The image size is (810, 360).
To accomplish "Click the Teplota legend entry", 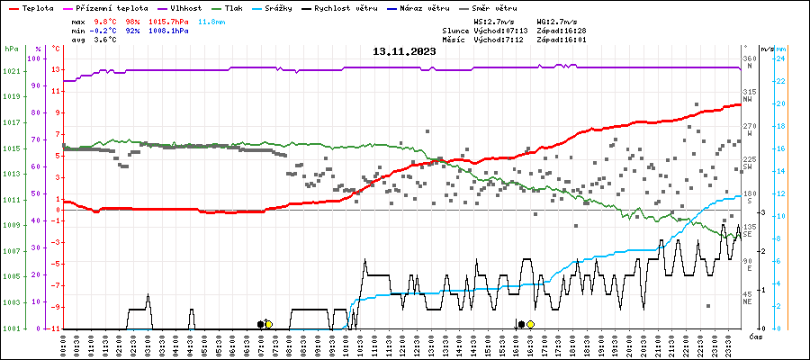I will click(x=35, y=7).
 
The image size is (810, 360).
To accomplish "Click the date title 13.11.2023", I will click(x=404, y=51).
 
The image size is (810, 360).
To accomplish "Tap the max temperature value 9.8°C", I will click(x=108, y=20).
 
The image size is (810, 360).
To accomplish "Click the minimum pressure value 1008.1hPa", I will click(x=168, y=30).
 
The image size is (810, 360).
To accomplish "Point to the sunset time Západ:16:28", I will click(x=561, y=30).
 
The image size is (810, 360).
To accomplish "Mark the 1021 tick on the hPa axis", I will click(x=12, y=71).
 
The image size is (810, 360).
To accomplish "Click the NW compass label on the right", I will click(x=749, y=100).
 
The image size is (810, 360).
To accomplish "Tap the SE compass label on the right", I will click(x=748, y=235).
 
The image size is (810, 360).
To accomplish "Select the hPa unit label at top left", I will click(x=11, y=49).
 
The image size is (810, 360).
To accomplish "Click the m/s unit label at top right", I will click(x=767, y=49).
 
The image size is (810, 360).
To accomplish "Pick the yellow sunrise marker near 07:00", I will click(x=268, y=324).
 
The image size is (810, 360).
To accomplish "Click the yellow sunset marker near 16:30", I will click(x=530, y=324).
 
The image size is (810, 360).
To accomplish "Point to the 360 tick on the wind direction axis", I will click(x=749, y=59).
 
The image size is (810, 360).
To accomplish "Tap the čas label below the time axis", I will click(x=757, y=337).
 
